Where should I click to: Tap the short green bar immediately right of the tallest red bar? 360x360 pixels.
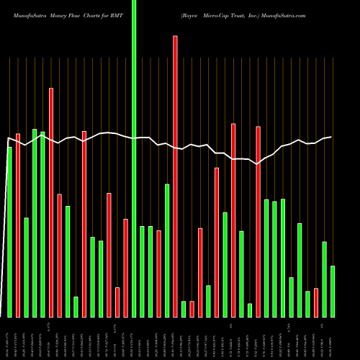[184, 309]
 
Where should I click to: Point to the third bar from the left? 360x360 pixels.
[26, 267]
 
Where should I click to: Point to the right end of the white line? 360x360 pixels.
[331, 137]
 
